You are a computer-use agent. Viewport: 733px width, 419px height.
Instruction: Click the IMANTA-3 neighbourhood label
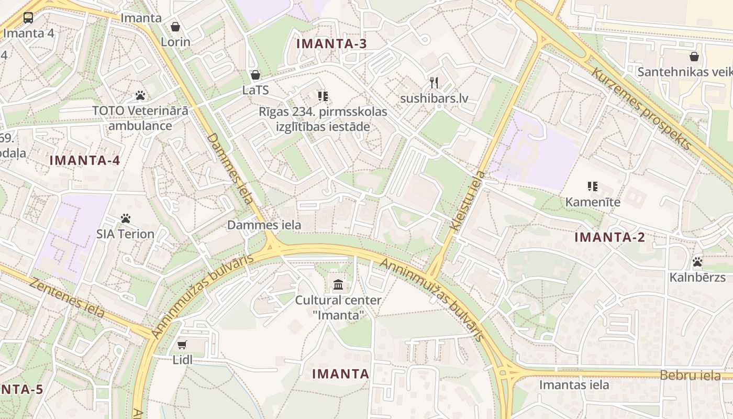pos(332,43)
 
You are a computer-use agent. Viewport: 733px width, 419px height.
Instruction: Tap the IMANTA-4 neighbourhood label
pos(85,160)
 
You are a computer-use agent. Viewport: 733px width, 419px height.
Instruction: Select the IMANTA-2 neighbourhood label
pos(610,237)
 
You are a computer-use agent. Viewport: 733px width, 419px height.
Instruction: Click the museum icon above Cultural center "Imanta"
pos(338,285)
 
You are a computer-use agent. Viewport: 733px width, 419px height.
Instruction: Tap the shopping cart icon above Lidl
pos(182,345)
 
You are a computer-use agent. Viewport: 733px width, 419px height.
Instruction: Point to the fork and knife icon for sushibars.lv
pos(434,83)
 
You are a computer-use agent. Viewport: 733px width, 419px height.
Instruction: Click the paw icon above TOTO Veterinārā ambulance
pos(140,95)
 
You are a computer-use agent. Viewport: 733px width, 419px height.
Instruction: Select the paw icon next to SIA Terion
pos(125,218)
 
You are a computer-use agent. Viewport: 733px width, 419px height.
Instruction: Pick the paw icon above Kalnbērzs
pos(697,261)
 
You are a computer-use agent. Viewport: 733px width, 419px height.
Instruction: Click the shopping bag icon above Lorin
pos(175,26)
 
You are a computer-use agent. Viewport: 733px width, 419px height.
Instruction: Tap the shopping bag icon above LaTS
pos(256,75)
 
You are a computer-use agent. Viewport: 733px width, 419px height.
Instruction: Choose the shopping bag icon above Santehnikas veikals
pos(694,56)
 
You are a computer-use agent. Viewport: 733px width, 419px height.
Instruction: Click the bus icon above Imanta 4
pos(28,18)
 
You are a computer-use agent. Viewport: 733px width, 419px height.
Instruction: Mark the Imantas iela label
pos(574,385)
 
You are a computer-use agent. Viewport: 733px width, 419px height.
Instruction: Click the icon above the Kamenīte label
pos(593,186)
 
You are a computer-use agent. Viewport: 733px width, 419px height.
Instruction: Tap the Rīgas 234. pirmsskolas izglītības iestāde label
pos(323,119)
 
